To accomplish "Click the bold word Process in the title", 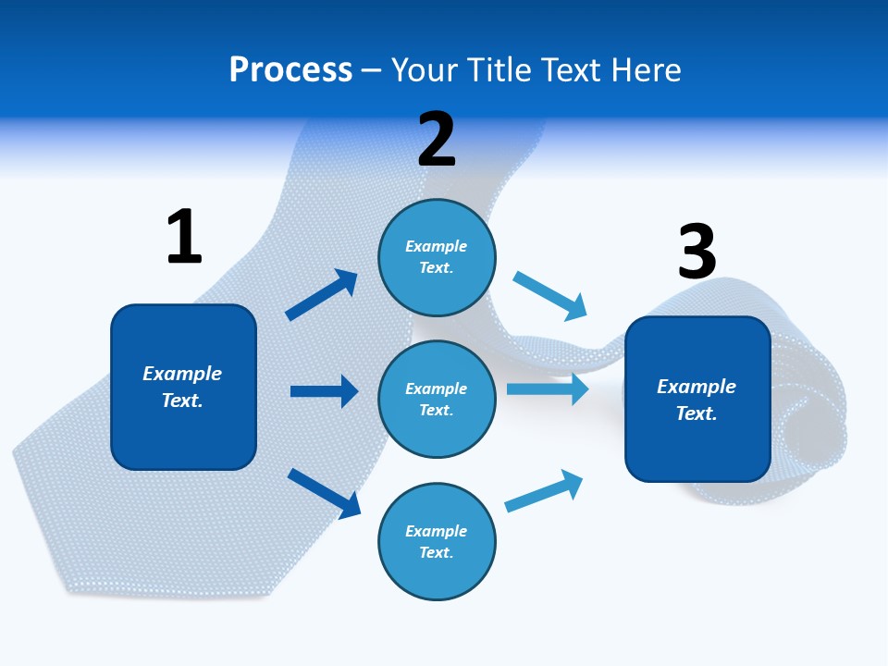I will point(290,70).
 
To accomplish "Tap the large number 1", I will point(184,237).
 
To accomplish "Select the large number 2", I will point(437,140).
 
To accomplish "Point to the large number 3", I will point(697,252).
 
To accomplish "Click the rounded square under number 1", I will point(183,387).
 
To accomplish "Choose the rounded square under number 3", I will point(697,400).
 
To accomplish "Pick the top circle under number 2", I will point(437,257).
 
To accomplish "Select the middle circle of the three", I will point(437,399).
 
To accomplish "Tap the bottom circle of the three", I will point(437,541).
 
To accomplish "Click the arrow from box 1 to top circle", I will point(322,295).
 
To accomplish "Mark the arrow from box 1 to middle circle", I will point(324,391).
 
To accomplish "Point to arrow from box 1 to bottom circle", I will point(324,492).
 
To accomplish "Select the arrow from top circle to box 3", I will point(549,296).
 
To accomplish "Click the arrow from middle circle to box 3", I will point(547,388).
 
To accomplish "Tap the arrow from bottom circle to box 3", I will point(544,491).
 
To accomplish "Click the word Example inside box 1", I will point(182,374).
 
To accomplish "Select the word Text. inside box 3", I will point(697,413).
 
